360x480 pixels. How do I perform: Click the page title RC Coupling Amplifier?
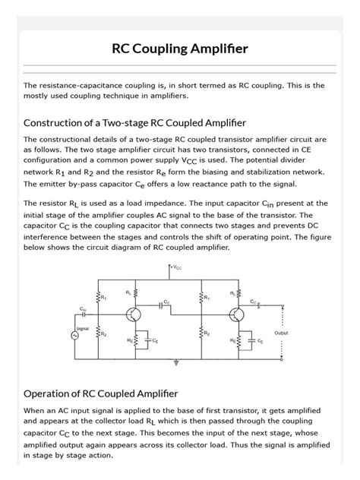point(180,49)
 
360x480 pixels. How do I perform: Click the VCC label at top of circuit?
point(175,268)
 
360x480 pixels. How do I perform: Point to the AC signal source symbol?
point(76,335)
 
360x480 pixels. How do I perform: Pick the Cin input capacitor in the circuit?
point(83,313)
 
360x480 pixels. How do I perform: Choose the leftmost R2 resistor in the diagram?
point(97,333)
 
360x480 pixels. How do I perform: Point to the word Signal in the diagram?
point(84,328)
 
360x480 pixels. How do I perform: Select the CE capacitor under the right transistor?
point(254,341)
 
